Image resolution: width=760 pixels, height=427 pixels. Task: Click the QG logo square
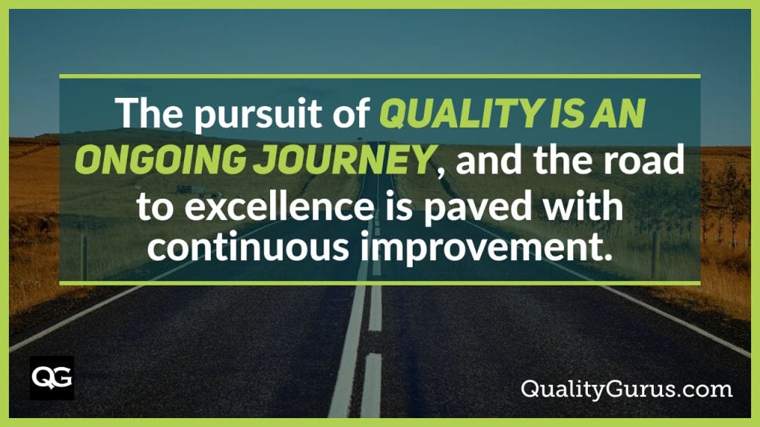(x=51, y=377)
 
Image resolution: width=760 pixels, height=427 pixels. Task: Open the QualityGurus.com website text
(x=626, y=388)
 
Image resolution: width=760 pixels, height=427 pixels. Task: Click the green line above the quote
(x=379, y=76)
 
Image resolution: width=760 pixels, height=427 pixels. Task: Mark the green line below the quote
(x=379, y=282)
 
